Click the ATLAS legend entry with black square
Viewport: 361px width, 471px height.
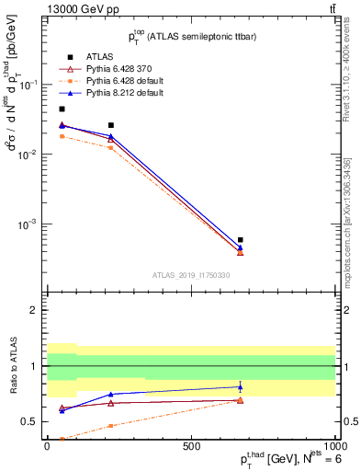coord(101,56)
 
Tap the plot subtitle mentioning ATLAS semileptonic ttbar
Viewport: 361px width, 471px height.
coord(189,37)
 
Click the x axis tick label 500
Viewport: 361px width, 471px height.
coord(191,446)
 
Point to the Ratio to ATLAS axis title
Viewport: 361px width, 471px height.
coord(13,366)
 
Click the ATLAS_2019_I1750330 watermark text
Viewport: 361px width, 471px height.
coord(190,275)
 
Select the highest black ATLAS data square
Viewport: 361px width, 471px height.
coord(62,109)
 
